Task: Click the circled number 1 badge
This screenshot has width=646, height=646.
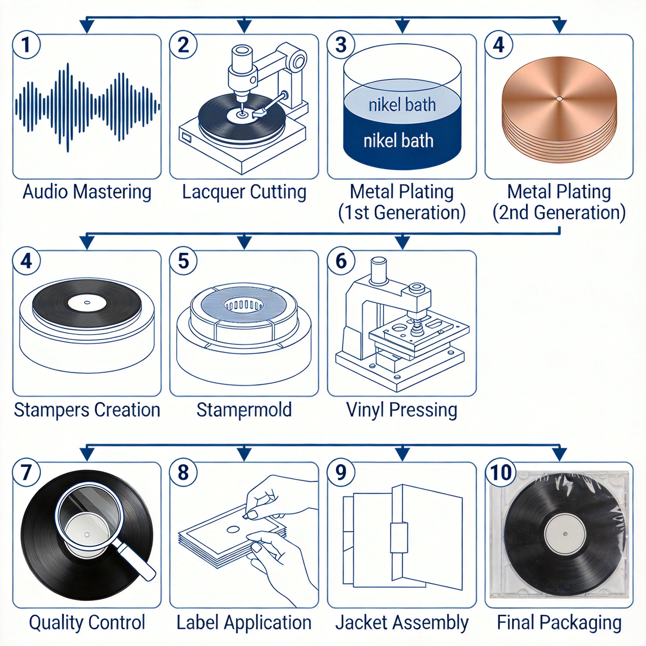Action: [26, 45]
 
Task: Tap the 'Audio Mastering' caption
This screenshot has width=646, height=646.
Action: [87, 192]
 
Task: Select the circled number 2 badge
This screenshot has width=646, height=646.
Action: [183, 45]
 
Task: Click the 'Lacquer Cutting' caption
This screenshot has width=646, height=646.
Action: [244, 192]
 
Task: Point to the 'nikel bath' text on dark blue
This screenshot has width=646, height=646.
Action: [399, 140]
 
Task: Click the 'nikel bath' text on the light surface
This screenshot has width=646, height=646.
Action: [402, 105]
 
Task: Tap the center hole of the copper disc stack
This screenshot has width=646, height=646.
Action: [559, 99]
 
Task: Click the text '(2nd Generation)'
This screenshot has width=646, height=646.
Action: [559, 213]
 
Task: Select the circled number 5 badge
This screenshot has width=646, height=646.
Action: [183, 261]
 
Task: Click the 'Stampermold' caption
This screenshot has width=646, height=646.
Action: [244, 410]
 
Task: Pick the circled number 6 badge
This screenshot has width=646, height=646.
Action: [341, 261]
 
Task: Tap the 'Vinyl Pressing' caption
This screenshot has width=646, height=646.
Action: [402, 410]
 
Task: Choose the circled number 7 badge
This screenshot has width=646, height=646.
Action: [26, 473]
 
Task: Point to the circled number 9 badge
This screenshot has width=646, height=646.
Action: [341, 473]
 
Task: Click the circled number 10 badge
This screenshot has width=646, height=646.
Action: [501, 473]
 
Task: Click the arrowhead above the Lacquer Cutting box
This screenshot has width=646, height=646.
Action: [244, 26]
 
